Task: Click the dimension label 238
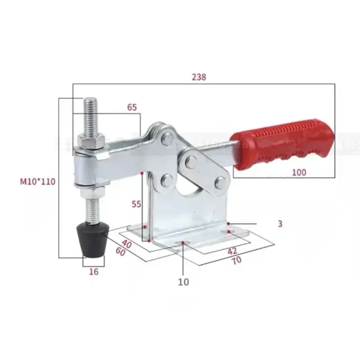198,77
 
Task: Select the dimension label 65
132,108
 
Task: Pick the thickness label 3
280,223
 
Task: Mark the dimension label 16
93,271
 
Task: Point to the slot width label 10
184,282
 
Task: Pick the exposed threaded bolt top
90,112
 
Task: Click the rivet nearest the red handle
220,182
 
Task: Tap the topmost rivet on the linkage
167,138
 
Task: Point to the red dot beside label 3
229,223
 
